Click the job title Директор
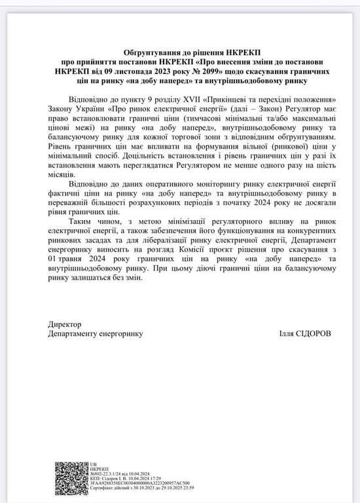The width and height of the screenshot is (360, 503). pos(64,324)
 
